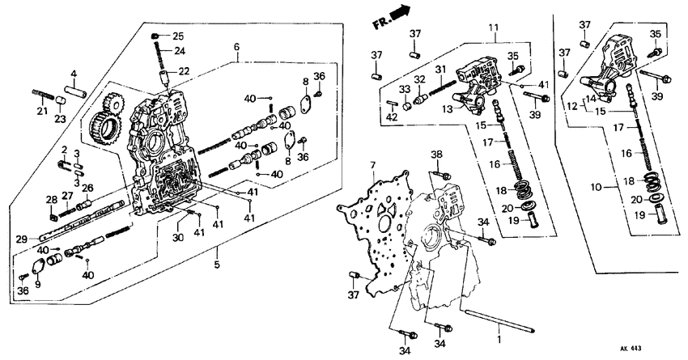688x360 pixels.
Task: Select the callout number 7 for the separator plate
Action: tap(373, 166)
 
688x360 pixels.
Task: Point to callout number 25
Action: tap(178, 36)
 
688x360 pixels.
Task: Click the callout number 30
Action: tap(177, 238)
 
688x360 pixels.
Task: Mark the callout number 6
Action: tap(236, 48)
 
